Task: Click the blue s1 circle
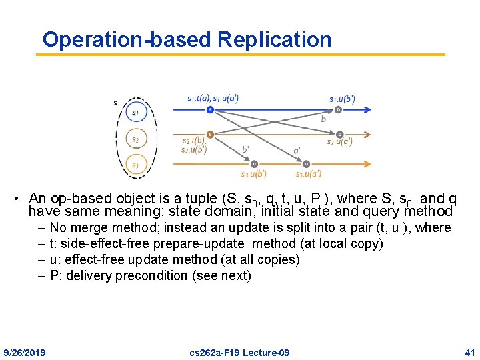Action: tap(135, 113)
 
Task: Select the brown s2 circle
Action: tap(135, 139)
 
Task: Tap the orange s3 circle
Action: tap(135, 165)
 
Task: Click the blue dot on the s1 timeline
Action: tap(210, 109)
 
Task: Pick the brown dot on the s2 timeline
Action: tap(210, 133)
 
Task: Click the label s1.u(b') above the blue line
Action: tap(342, 99)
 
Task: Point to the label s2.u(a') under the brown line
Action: tap(339, 141)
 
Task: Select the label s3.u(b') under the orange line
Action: tap(253, 174)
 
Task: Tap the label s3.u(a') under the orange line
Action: tap(309, 174)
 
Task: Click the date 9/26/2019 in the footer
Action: tap(25, 352)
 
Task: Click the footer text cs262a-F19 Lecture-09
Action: tap(239, 352)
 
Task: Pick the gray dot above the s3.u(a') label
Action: tap(306, 163)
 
